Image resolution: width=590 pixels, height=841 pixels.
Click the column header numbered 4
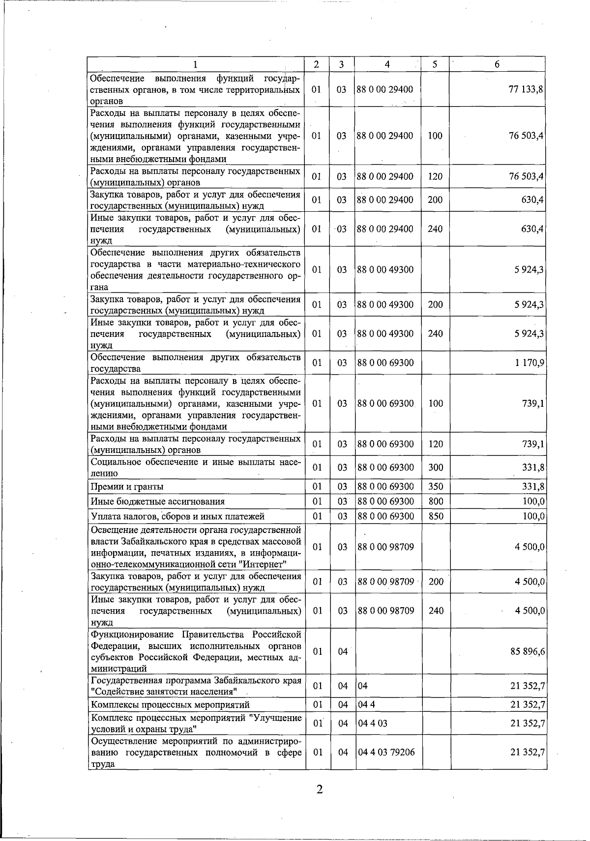387,64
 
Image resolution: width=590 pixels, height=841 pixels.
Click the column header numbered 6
497,64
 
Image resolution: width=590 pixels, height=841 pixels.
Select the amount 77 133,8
526,89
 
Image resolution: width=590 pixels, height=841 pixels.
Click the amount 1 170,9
529,363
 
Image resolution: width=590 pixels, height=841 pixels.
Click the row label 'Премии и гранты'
127,487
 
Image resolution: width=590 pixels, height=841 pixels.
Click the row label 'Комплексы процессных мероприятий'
170,705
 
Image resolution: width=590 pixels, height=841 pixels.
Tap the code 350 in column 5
435,487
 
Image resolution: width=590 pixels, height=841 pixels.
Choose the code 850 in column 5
435,516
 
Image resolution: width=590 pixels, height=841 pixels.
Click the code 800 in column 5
435,502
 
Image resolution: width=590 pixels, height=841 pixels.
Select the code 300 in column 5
435,467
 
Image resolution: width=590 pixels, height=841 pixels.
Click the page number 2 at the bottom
319,790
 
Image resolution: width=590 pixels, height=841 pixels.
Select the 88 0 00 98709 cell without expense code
385,547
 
